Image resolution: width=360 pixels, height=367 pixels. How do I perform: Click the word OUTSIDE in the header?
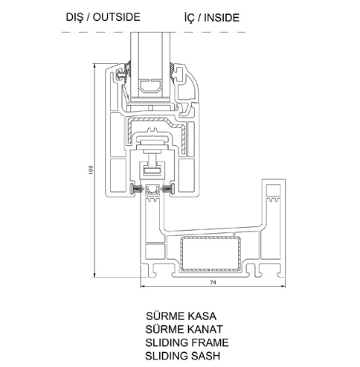click(x=117, y=17)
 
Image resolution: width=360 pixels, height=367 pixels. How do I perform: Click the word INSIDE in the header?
click(x=222, y=18)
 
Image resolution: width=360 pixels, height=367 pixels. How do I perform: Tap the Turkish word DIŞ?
click(x=74, y=18)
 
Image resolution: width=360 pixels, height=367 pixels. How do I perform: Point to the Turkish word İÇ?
click(x=189, y=18)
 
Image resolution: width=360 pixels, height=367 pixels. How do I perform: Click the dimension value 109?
click(x=91, y=170)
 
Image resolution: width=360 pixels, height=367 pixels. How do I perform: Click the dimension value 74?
click(x=213, y=282)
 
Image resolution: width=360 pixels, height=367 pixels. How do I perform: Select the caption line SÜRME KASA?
click(x=181, y=316)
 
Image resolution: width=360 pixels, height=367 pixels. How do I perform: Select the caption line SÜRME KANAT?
click(x=184, y=329)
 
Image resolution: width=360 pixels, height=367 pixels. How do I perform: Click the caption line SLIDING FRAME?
click(x=187, y=342)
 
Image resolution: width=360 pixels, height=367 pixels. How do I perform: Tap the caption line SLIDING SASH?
click(x=183, y=356)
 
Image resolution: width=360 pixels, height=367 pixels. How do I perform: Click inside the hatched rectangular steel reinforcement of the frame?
click(x=210, y=254)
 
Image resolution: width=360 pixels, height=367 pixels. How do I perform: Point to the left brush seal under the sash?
click(x=137, y=189)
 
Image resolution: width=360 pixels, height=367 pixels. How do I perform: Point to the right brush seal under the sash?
click(x=167, y=189)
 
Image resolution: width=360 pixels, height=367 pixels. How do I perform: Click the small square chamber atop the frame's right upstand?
click(x=273, y=191)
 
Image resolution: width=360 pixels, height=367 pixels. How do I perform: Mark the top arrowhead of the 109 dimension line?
click(x=94, y=66)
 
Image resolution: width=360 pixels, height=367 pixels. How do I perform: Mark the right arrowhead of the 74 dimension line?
click(x=283, y=287)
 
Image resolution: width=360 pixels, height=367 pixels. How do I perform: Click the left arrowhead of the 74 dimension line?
click(x=143, y=287)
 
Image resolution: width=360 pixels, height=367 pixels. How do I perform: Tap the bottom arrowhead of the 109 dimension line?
click(x=94, y=275)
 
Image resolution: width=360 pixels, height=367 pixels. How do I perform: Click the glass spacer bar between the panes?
click(x=150, y=86)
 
